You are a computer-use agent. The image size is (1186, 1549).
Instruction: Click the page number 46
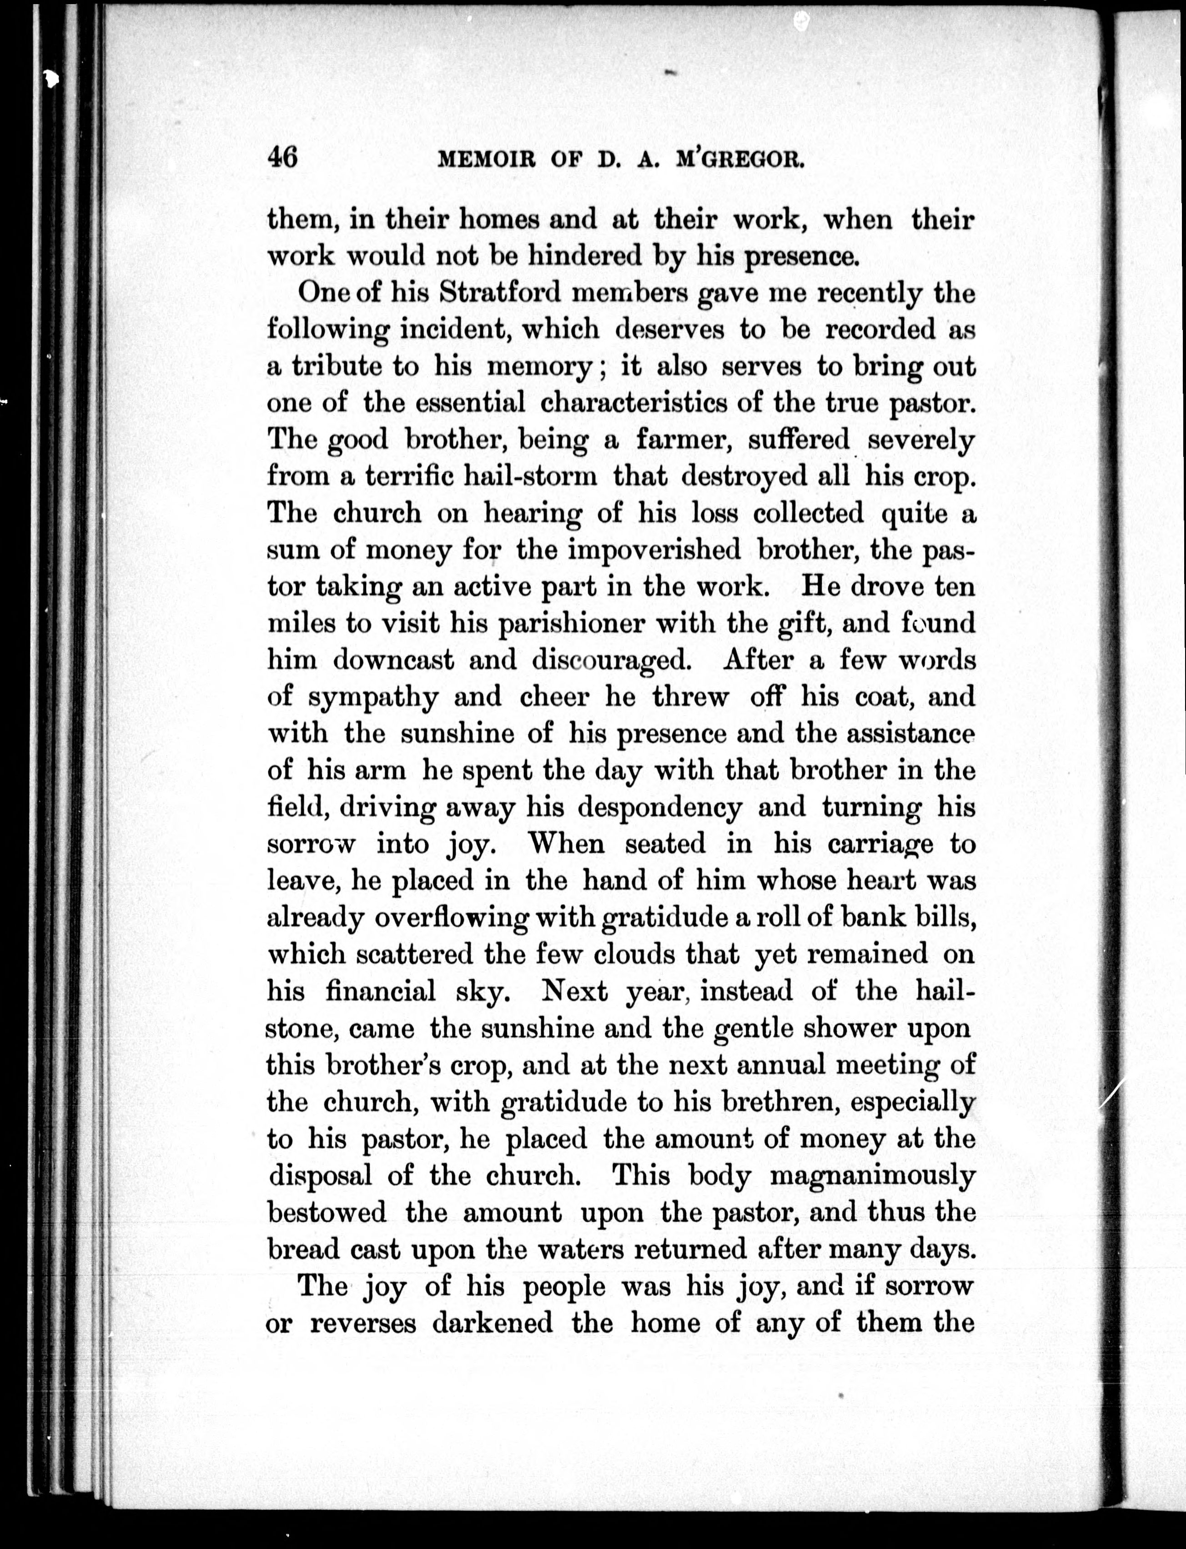(282, 157)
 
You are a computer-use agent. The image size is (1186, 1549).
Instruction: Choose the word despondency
(659, 807)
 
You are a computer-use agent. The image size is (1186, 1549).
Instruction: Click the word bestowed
(327, 1212)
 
